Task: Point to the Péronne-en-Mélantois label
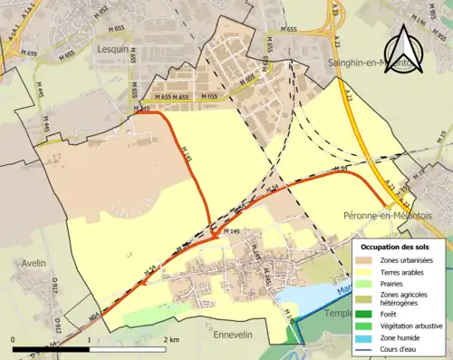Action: pos(389,215)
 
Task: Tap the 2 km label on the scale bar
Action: pos(171,338)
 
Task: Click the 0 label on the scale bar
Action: pos(14,338)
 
